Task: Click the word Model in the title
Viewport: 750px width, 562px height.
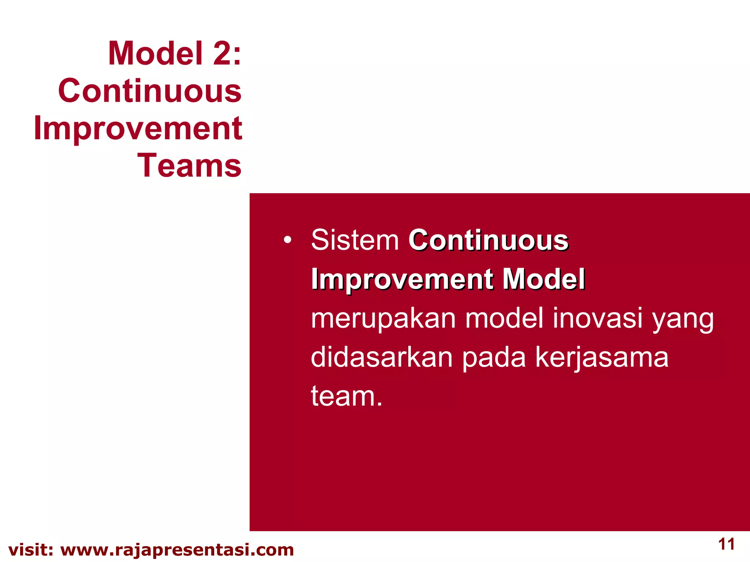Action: click(x=155, y=53)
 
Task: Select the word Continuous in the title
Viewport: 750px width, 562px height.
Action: click(x=150, y=91)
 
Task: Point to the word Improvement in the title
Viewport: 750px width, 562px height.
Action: click(x=138, y=128)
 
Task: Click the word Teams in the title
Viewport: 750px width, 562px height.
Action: click(x=189, y=166)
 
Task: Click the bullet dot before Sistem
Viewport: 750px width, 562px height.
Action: click(x=287, y=240)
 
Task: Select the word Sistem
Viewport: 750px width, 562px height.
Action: click(x=355, y=240)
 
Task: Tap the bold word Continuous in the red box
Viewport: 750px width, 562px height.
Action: click(x=488, y=240)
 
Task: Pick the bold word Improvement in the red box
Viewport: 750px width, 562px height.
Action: click(x=402, y=280)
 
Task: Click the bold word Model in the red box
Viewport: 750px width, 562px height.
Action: click(x=543, y=279)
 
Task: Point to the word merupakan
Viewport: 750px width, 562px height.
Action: click(x=383, y=318)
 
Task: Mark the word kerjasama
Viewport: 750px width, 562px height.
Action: click(x=602, y=358)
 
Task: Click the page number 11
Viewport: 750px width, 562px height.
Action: click(x=727, y=544)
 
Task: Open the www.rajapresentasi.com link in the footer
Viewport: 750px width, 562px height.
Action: click(x=177, y=550)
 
